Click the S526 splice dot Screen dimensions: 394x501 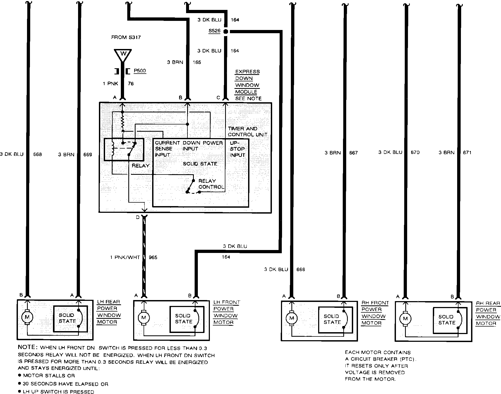pos(226,32)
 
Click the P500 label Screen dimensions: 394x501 pos(140,71)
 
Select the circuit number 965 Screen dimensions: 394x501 pos(153,257)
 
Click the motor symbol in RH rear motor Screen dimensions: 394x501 pos(405,319)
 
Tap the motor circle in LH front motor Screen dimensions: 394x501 pos(144,318)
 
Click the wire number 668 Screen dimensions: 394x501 pos(37,154)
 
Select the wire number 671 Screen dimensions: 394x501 pos(467,153)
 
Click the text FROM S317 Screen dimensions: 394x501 pos(126,37)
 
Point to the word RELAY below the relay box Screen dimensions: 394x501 pos(140,166)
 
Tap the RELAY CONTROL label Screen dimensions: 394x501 pos(211,184)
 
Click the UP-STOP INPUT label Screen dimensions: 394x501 pos(237,149)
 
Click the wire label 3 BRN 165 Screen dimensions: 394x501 pos(184,62)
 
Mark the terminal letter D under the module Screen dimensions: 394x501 pos(138,217)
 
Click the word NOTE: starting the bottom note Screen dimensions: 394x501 pos(28,347)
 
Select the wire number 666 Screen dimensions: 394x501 pos(300,269)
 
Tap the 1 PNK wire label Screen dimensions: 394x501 pos(110,84)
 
